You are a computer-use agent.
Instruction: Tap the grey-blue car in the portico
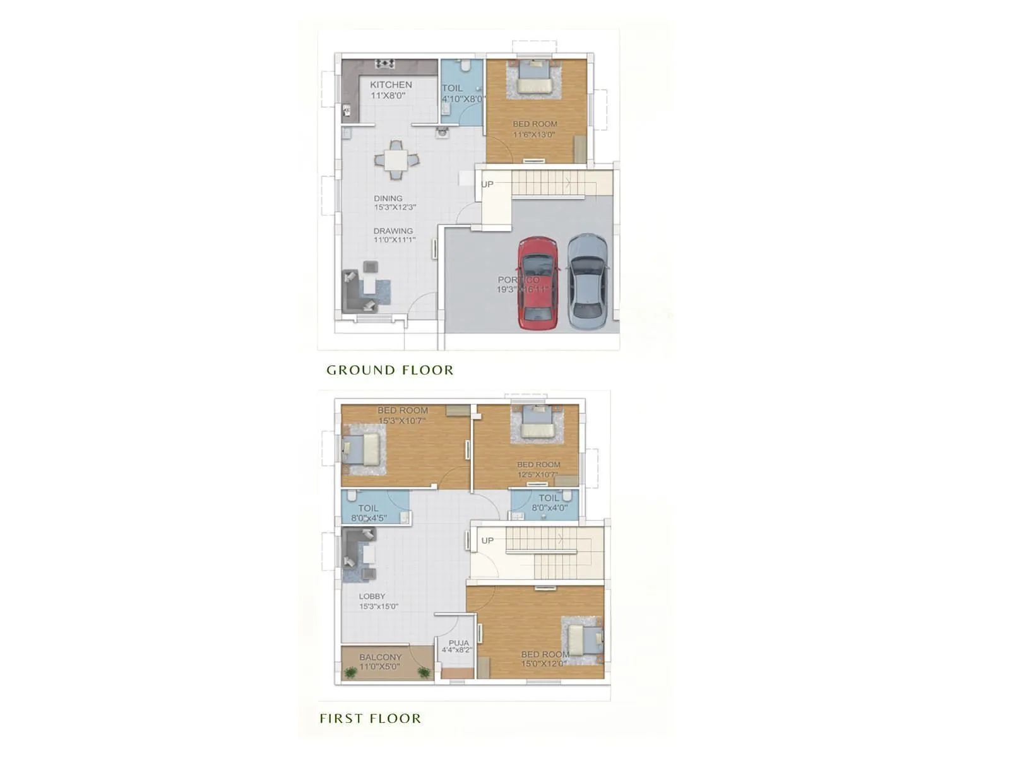click(x=588, y=277)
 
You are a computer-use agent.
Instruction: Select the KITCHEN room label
click(x=391, y=85)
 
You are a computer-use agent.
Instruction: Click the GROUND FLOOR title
click(x=389, y=370)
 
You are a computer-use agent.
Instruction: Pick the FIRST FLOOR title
click(x=370, y=719)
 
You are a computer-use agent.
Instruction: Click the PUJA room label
click(x=459, y=643)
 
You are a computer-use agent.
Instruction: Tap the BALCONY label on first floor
click(x=381, y=657)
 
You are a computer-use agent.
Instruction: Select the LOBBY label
click(x=372, y=596)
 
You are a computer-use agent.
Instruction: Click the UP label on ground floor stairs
click(x=487, y=184)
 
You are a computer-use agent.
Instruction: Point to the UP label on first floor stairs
click(x=487, y=541)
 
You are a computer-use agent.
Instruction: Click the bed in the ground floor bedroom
click(x=534, y=78)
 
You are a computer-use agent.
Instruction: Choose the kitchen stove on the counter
click(x=384, y=63)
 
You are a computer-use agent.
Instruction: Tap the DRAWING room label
click(x=393, y=231)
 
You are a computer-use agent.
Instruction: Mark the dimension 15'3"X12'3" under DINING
click(x=395, y=207)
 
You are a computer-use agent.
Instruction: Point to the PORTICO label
click(x=518, y=279)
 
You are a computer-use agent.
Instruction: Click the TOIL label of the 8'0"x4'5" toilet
click(x=368, y=508)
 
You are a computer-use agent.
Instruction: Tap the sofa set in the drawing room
click(x=365, y=289)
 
